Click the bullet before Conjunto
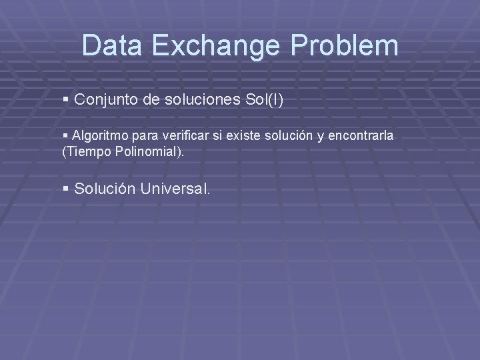point(65,100)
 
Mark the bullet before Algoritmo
point(65,136)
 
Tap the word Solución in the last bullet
point(105,189)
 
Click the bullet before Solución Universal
point(65,189)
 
